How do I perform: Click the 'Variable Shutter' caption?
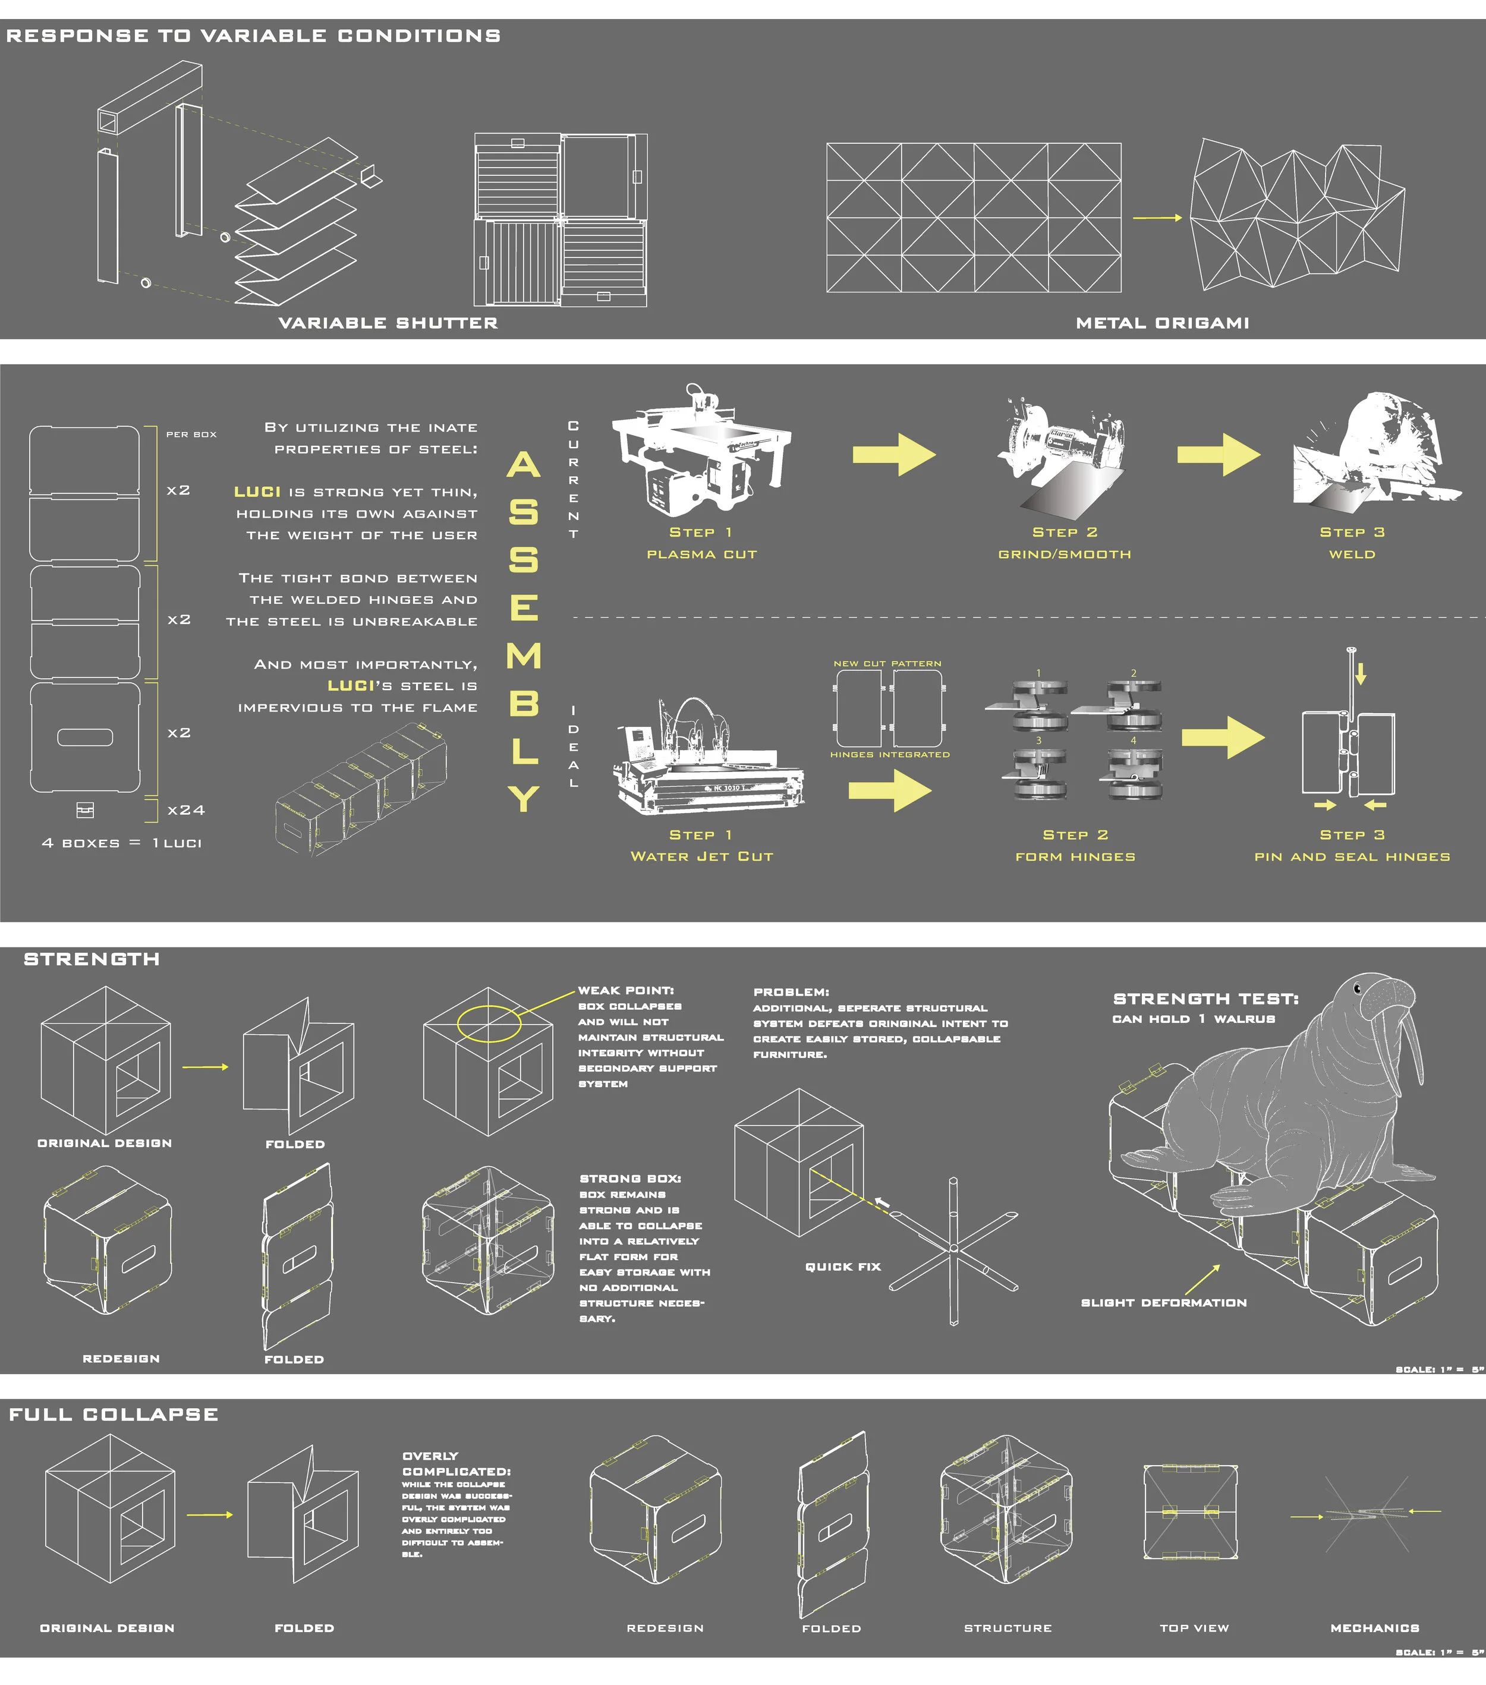[x=388, y=323]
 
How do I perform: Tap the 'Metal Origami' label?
[x=1162, y=323]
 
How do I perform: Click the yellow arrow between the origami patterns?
[x=1157, y=218]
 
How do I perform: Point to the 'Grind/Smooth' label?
[x=1065, y=554]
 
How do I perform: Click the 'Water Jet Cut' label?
[x=702, y=856]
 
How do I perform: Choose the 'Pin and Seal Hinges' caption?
[x=1352, y=856]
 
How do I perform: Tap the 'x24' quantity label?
[x=185, y=810]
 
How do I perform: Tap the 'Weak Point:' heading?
[x=626, y=990]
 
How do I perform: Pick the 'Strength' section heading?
[x=92, y=959]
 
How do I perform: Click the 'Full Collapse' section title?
[x=114, y=1415]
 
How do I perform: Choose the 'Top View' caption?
[x=1194, y=1628]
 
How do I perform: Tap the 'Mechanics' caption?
[x=1375, y=1628]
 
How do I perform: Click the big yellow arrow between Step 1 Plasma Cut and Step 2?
[x=894, y=454]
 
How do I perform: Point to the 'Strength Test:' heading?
[x=1205, y=999]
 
